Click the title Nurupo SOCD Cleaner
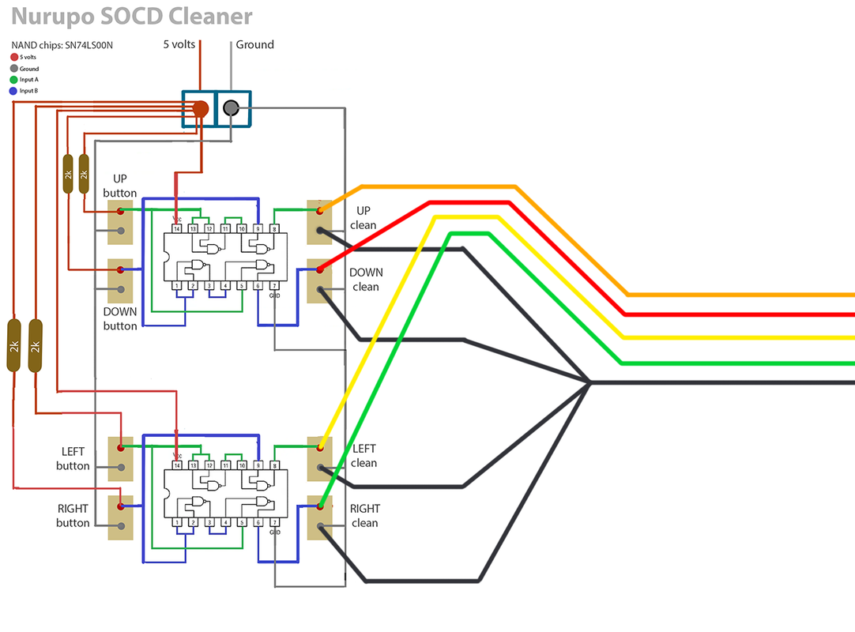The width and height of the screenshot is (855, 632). [x=132, y=17]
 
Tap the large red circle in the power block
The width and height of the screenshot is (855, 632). [x=201, y=109]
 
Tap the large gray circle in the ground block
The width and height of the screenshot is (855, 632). [x=231, y=109]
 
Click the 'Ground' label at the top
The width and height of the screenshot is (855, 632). [x=254, y=44]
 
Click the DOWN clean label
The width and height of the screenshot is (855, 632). [x=366, y=279]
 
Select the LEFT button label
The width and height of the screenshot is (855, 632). [x=73, y=458]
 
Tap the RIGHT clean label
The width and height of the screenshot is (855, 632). [x=365, y=516]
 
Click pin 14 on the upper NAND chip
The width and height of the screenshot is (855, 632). [x=177, y=228]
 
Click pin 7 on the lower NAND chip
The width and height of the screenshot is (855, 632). [x=274, y=523]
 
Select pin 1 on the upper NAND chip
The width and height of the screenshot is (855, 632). [x=176, y=286]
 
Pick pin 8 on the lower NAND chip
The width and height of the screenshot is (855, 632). [x=274, y=466]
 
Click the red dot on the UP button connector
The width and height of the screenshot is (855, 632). [x=120, y=212]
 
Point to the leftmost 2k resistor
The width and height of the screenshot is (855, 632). [x=13, y=345]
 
